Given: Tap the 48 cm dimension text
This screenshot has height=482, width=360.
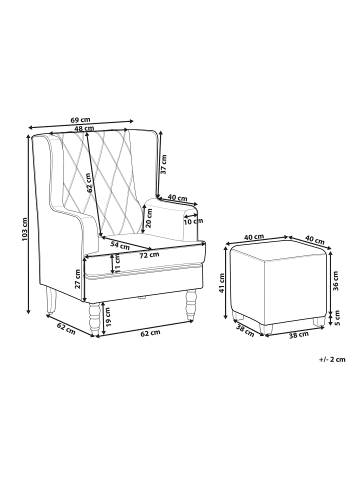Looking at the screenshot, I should pos(83,129).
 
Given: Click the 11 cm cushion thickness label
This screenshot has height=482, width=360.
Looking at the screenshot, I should pos(118,263).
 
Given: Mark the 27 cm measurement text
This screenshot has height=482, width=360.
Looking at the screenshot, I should pos(78,273).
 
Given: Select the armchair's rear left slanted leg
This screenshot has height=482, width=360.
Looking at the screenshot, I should pos(52,297).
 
